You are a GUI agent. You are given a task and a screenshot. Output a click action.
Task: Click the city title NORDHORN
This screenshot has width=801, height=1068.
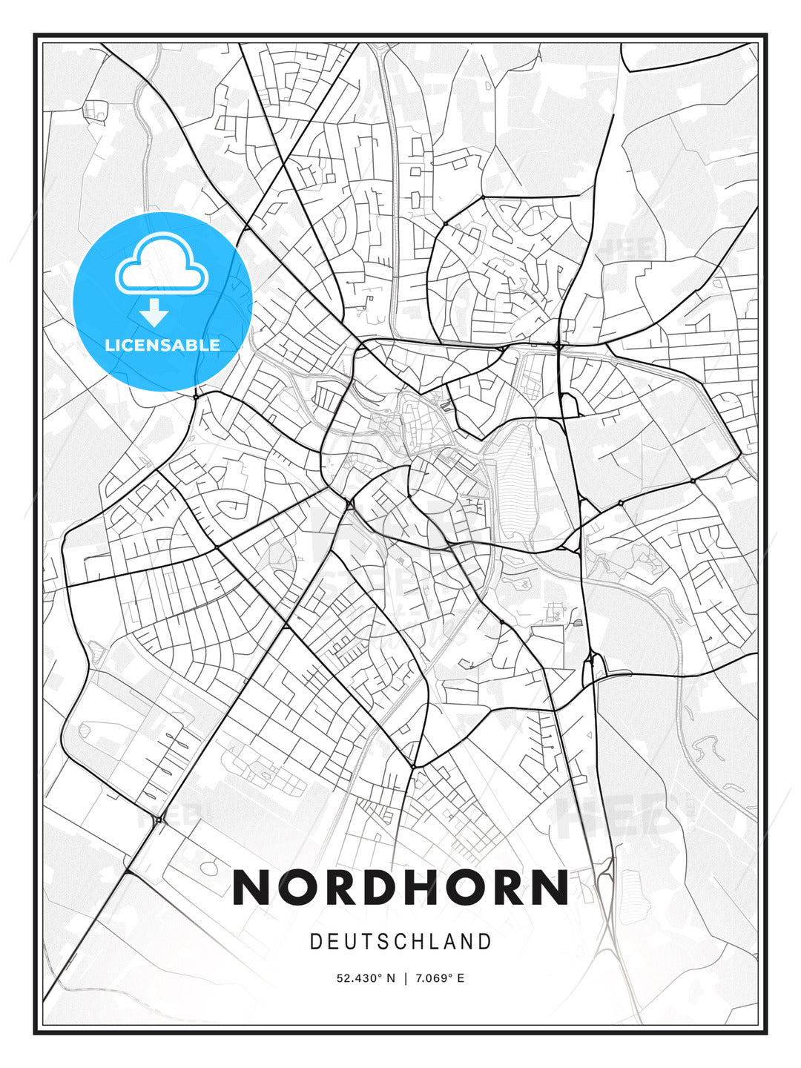(x=400, y=888)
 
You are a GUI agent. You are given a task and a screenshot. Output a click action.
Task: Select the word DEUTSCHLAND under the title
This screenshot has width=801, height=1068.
(x=400, y=942)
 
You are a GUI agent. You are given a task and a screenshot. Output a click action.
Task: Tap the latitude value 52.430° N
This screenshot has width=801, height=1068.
(x=366, y=978)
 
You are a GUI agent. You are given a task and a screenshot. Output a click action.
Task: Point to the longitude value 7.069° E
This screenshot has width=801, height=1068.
(x=439, y=978)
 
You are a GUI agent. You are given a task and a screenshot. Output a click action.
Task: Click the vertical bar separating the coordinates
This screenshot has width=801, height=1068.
(x=405, y=978)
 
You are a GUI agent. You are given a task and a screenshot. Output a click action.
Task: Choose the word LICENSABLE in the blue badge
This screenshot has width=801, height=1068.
(x=162, y=345)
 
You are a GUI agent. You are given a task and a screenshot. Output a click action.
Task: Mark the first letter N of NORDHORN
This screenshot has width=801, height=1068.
(x=252, y=888)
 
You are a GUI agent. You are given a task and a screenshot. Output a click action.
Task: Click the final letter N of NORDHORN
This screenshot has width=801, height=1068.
(x=549, y=888)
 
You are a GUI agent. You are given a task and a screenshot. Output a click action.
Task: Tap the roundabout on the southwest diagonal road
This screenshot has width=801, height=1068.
(x=159, y=820)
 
